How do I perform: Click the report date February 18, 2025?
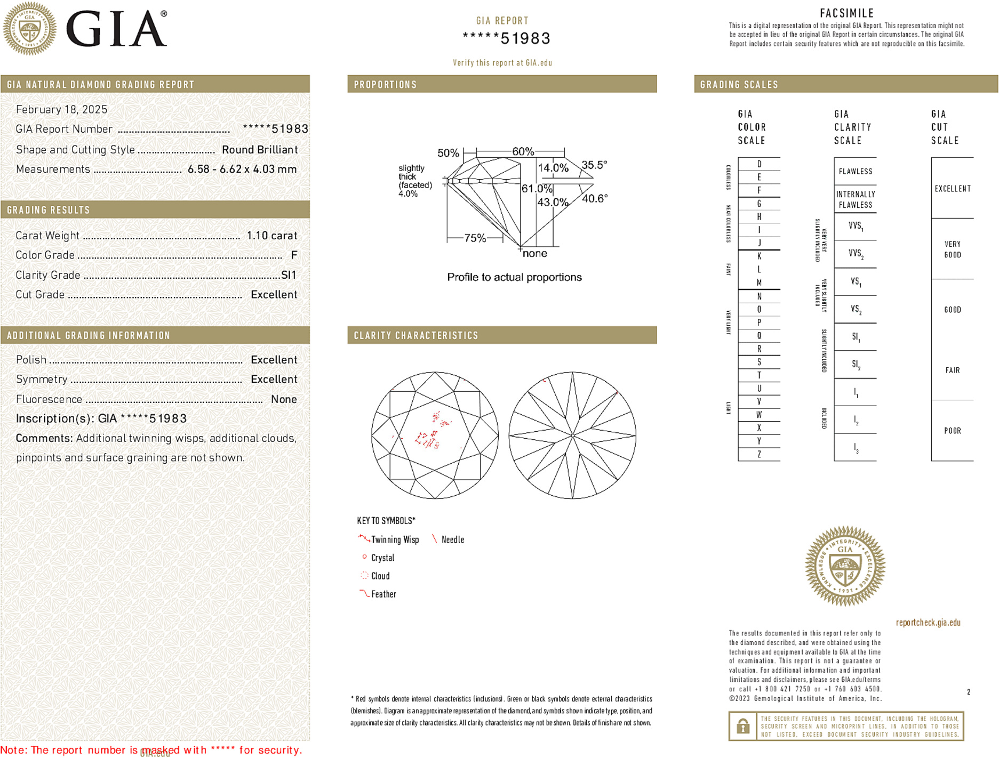coord(61,109)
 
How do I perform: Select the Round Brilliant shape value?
coord(260,150)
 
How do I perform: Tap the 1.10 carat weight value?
coord(271,236)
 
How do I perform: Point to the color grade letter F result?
coord(294,255)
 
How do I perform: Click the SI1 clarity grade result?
coord(289,275)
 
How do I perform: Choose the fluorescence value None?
coord(284,399)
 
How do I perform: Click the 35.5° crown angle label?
coord(594,165)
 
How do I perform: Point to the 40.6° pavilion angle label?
coord(594,199)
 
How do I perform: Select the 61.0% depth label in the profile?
coord(537,189)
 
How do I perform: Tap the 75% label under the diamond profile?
coord(475,238)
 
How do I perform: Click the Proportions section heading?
coord(385,85)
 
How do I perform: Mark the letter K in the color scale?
coord(759,256)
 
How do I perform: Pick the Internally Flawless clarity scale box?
coord(855,199)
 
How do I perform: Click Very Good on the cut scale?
coord(952,249)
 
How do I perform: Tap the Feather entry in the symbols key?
coord(383,594)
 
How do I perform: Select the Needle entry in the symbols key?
coord(452,540)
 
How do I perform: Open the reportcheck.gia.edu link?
coord(928,623)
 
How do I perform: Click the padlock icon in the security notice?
coord(742,726)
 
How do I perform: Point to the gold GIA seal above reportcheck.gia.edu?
coord(845,566)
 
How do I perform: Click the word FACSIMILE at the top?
coord(846,13)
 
